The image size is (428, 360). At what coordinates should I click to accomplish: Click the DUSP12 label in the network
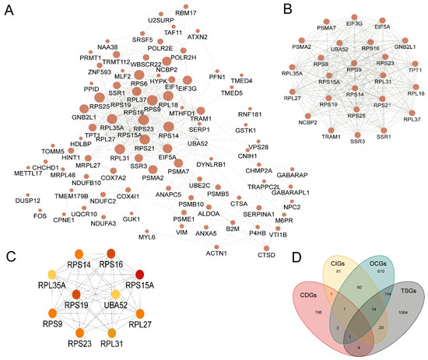(26, 201)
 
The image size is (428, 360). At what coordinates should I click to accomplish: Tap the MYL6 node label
(146, 237)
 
